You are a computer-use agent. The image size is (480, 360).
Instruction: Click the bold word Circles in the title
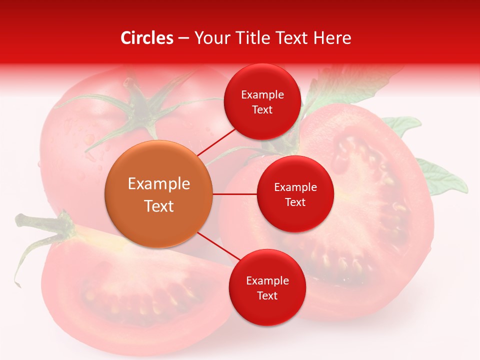tap(146, 38)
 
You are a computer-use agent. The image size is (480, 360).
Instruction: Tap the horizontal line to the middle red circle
tap(234, 194)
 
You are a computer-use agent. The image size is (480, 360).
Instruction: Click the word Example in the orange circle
tap(159, 183)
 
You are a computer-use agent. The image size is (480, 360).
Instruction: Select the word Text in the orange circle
tap(159, 206)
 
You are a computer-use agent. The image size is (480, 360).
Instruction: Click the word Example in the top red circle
tap(262, 94)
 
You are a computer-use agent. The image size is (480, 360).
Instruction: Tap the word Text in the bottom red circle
tap(267, 295)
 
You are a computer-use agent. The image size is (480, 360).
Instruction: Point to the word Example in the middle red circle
tap(295, 187)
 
